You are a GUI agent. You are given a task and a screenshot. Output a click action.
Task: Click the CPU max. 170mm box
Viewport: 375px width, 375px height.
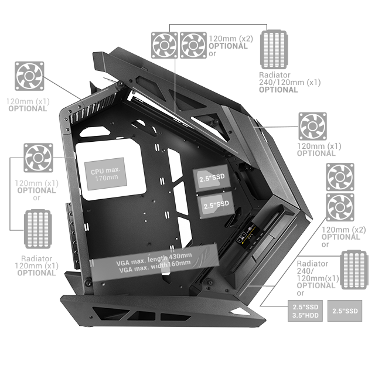click(105, 174)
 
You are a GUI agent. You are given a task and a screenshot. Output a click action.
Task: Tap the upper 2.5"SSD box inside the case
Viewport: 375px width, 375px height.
click(212, 178)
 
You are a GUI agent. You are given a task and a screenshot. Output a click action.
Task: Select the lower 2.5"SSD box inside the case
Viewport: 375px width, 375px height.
click(216, 205)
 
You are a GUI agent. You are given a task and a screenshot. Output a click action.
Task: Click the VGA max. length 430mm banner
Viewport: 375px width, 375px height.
click(154, 262)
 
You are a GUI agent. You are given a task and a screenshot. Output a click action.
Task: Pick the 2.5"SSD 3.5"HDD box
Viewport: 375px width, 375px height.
click(305, 311)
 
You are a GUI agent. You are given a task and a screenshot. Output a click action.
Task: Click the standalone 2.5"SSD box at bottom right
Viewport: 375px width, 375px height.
click(345, 311)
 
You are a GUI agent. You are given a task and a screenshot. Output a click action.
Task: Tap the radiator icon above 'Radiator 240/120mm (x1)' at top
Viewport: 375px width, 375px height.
click(274, 49)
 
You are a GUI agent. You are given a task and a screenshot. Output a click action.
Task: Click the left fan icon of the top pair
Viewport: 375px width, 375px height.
click(165, 45)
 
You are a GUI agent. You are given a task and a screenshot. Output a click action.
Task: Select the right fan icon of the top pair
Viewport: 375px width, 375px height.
click(193, 45)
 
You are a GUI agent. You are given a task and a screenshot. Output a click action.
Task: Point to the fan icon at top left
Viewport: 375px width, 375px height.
click(29, 76)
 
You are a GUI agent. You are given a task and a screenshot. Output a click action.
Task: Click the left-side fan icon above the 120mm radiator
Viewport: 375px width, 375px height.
click(38, 158)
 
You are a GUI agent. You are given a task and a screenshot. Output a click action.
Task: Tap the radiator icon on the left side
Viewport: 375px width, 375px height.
click(37, 229)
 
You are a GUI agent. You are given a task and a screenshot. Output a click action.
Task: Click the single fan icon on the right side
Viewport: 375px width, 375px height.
click(312, 127)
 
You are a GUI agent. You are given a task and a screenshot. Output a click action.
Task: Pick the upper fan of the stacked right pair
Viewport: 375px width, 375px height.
click(340, 177)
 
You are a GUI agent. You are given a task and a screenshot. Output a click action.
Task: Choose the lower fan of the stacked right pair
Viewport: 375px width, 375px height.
click(340, 207)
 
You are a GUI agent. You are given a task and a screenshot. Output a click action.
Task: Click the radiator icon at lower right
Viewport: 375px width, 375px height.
click(354, 270)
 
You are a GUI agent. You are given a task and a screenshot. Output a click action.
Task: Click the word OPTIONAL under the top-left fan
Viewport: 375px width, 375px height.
click(28, 109)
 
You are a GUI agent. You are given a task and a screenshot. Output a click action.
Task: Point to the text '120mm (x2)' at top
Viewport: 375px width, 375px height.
click(231, 39)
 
